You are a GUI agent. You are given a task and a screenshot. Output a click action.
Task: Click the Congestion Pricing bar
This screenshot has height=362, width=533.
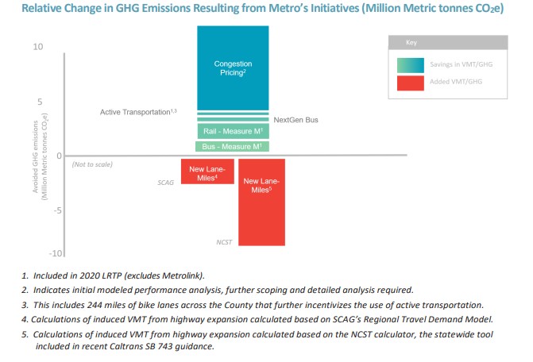tap(232, 67)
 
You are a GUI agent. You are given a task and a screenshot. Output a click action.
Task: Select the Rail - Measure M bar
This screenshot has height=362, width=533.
tap(232, 132)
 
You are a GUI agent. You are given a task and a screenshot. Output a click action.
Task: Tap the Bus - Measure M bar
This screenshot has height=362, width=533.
tap(232, 147)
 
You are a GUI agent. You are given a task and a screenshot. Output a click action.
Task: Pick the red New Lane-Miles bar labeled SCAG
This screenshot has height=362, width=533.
tap(207, 171)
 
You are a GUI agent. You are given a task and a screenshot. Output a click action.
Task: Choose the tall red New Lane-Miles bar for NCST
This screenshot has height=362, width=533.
tap(261, 202)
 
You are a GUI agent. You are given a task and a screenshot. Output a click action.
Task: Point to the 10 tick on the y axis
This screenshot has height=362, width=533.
tap(38, 48)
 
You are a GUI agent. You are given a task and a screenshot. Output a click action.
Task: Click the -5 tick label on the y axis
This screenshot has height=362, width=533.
tap(37, 211)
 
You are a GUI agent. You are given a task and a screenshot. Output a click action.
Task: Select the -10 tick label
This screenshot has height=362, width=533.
tap(36, 253)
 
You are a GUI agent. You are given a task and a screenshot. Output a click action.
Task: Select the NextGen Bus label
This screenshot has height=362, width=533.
tap(295, 120)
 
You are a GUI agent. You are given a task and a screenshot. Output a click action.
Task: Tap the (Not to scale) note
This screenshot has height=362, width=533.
tap(92, 164)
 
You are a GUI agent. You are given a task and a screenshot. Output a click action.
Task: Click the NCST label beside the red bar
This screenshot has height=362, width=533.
tap(225, 241)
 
